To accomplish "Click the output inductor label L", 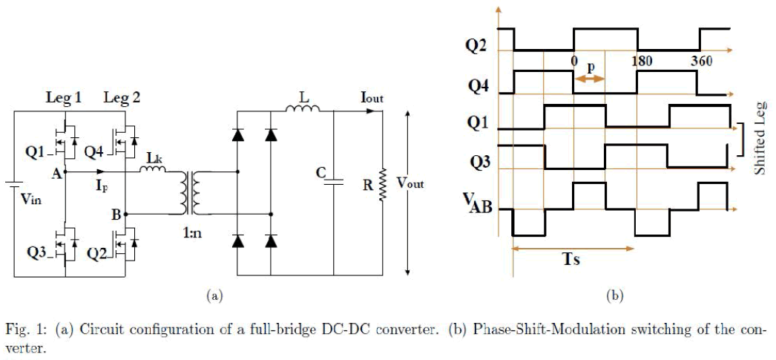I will (303, 96).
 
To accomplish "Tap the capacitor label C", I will (321, 173).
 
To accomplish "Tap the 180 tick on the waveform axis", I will (641, 61).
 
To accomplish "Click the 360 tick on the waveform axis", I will (701, 61).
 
